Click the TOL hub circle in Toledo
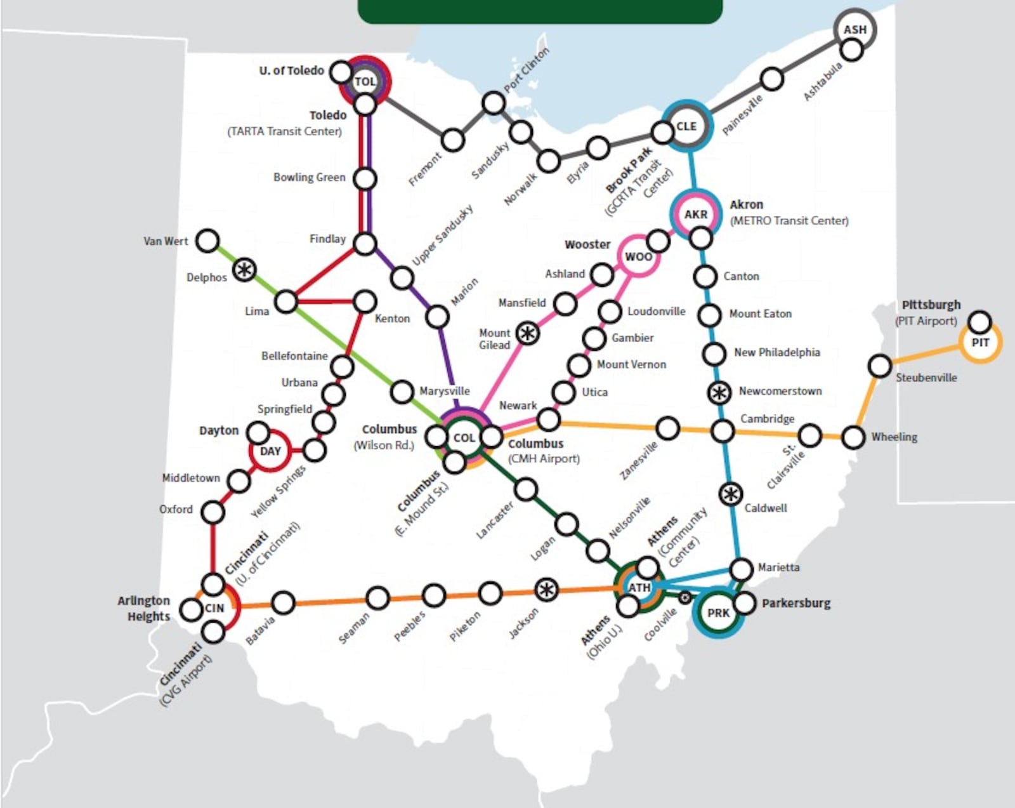(365, 81)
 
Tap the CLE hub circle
(686, 126)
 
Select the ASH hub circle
(855, 29)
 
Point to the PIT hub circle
(980, 343)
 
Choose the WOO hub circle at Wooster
(638, 256)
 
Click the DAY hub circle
(270, 451)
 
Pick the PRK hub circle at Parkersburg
(718, 613)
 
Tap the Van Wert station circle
(207, 241)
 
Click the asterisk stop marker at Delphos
(244, 270)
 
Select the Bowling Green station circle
(365, 179)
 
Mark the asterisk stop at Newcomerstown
(719, 393)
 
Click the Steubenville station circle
(880, 366)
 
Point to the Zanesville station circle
(667, 428)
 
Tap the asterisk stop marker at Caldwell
(731, 494)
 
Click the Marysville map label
(444, 391)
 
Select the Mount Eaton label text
(760, 314)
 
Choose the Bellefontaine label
(294, 356)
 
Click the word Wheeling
(894, 437)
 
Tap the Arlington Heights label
(144, 608)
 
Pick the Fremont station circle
(453, 140)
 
